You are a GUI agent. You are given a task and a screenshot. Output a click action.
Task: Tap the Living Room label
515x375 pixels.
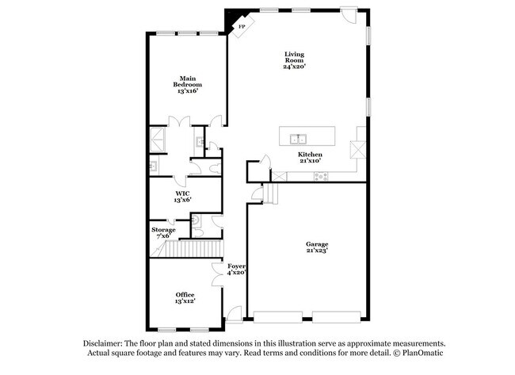(295, 58)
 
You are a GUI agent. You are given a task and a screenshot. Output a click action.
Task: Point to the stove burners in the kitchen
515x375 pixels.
(321, 176)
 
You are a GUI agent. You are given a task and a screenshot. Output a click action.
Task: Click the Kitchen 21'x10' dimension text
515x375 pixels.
(310, 161)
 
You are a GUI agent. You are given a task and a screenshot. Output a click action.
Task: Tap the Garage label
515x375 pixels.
(317, 243)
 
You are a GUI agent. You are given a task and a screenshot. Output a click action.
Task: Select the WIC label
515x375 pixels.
(182, 193)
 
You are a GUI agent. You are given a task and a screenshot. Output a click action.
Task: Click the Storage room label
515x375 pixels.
(163, 230)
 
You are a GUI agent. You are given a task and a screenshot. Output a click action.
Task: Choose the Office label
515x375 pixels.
(185, 294)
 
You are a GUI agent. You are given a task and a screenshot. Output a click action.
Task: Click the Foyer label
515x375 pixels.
(236, 266)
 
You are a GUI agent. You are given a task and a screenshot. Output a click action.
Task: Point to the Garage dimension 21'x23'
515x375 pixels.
(317, 251)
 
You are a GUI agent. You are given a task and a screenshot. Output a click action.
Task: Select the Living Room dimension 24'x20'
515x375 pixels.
(295, 67)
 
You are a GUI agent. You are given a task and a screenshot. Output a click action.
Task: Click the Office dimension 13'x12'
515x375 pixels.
(185, 301)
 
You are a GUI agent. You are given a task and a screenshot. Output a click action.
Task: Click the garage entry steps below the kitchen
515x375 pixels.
(272, 193)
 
